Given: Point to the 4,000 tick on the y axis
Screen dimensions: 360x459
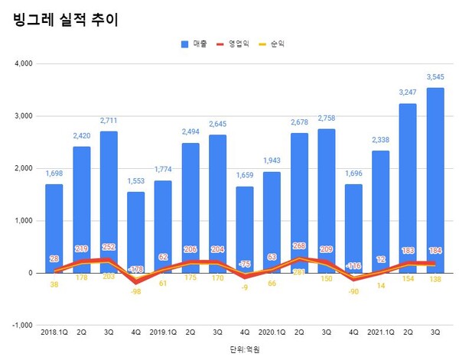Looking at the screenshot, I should (22, 64).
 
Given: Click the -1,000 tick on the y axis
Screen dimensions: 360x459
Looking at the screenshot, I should (21, 325).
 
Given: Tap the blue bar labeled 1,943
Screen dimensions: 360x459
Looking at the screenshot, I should (272, 222).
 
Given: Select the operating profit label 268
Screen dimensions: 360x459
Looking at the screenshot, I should (299, 246).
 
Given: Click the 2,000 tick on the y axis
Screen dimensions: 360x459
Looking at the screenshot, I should (22, 168).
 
